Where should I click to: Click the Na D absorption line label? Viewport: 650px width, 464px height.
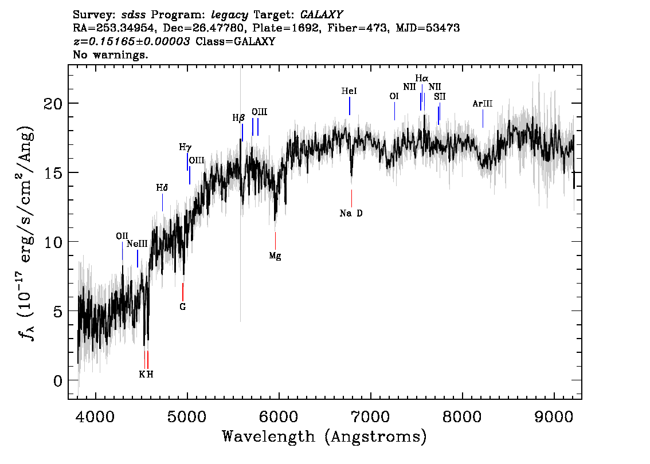351,213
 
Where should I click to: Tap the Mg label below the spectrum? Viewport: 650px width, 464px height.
275,256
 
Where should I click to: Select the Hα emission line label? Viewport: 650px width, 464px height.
422,78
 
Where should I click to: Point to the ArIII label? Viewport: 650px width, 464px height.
483,104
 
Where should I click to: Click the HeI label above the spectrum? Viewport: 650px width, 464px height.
349,91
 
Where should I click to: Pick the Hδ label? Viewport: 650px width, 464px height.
162,188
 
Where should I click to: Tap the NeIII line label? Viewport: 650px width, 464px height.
137,243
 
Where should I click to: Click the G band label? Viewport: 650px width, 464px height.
182,307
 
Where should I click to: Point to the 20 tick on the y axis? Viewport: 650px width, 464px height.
53,103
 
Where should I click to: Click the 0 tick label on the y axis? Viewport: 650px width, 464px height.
58,380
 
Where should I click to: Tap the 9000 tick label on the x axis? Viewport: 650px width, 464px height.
553,416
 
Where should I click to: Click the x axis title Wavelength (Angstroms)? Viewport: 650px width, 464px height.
324,437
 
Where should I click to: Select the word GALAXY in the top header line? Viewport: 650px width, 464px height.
321,15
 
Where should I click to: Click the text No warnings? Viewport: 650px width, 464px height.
110,54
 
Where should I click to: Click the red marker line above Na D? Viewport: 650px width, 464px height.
351,198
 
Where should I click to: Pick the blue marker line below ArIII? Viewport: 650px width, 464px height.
483,119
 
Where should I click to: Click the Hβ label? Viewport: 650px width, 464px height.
238,118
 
